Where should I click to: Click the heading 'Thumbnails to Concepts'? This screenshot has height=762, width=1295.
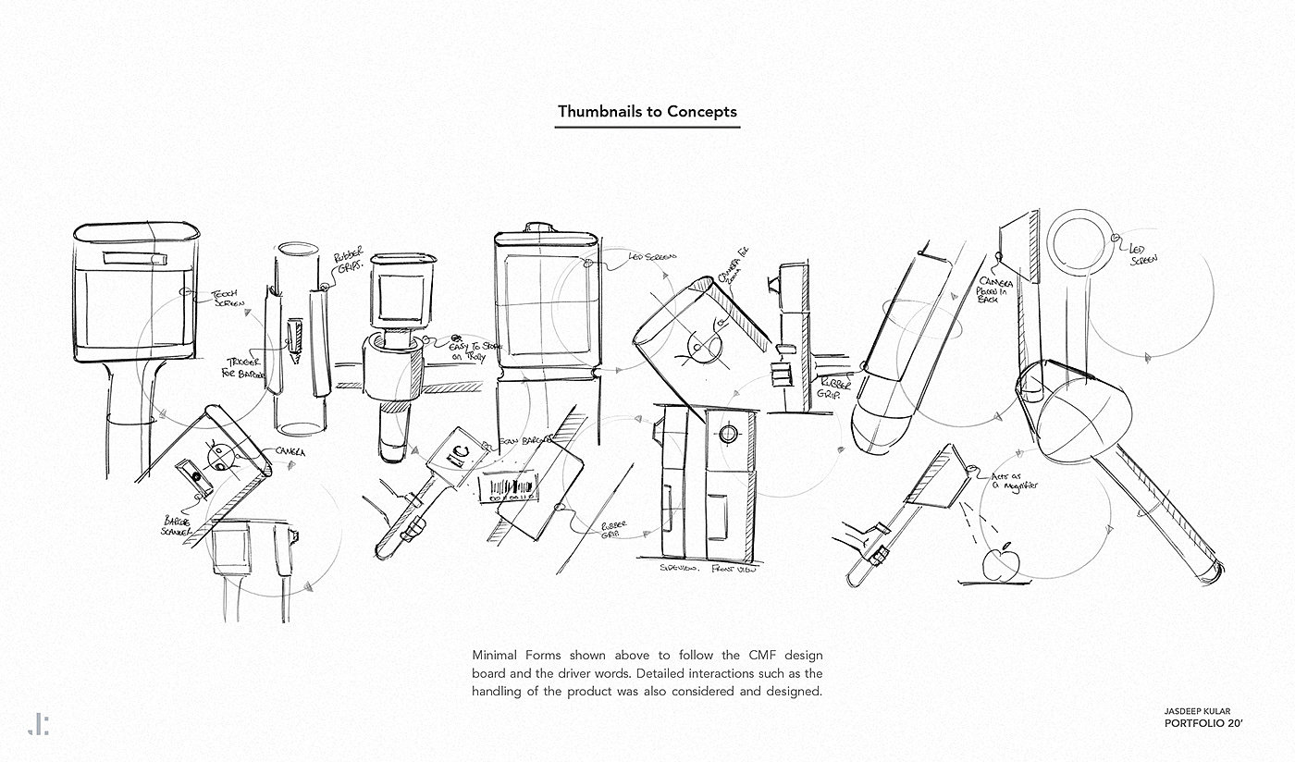click(647, 112)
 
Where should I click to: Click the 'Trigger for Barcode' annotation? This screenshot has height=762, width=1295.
click(244, 368)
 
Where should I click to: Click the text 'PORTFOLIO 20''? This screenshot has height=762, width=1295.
click(1203, 724)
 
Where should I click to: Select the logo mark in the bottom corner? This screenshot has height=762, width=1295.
click(38, 724)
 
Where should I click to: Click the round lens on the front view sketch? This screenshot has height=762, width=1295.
click(728, 434)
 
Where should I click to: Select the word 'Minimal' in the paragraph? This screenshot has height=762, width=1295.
click(498, 655)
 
